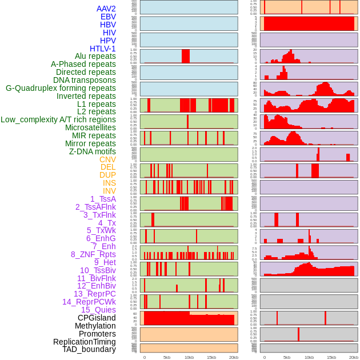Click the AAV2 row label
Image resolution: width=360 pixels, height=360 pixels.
[x=106, y=9]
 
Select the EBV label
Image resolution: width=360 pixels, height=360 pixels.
[x=108, y=17]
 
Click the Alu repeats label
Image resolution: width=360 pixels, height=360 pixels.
[x=95, y=56]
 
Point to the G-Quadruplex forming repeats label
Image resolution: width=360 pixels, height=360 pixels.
[x=61, y=88]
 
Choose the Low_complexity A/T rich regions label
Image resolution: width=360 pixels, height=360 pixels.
[x=58, y=119]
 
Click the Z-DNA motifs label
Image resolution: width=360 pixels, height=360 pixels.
[x=92, y=151]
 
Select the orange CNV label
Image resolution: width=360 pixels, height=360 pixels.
[x=107, y=159]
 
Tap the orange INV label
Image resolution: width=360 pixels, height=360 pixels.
[x=109, y=191]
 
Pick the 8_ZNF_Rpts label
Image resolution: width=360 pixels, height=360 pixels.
[x=93, y=254]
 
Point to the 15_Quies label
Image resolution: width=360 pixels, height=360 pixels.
[x=98, y=310]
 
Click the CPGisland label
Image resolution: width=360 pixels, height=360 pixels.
[x=97, y=318]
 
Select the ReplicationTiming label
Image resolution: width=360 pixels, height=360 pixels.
[x=84, y=342]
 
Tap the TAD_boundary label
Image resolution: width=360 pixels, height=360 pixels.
[x=89, y=349]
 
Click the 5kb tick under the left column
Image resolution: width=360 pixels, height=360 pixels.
[x=167, y=357]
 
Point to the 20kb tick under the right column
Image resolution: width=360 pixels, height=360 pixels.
[x=354, y=357]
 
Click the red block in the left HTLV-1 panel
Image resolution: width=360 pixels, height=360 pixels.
[x=186, y=56]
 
